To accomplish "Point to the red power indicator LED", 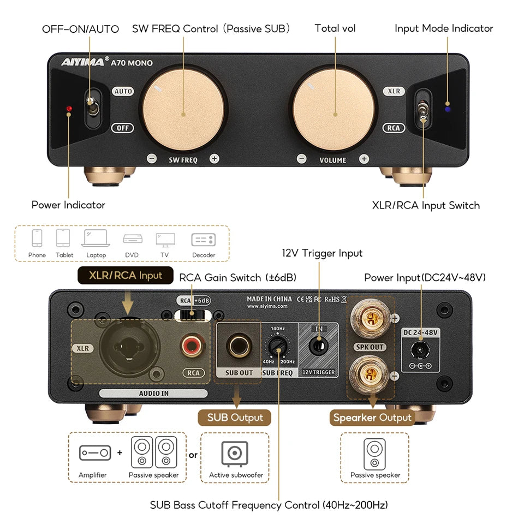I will click(69, 110).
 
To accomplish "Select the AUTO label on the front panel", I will click(123, 91).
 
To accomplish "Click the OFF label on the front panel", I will click(123, 128).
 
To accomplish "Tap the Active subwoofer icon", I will click(235, 454).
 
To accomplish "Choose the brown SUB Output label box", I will click(235, 418).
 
